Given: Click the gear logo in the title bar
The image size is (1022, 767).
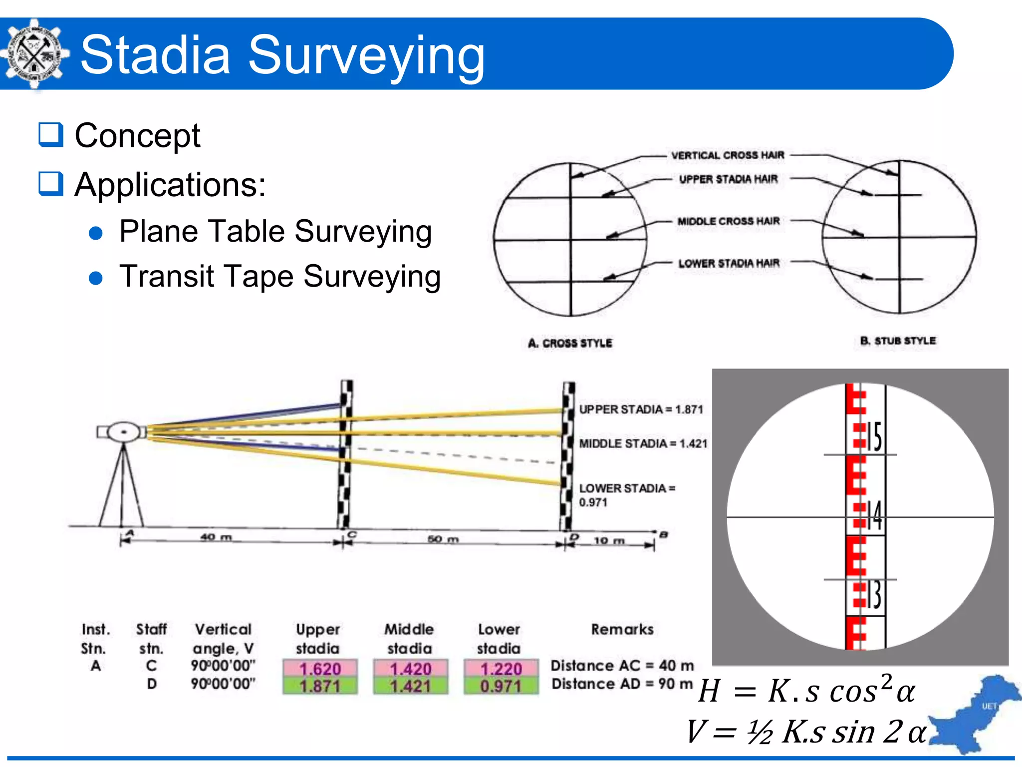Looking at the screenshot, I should [x=34, y=54].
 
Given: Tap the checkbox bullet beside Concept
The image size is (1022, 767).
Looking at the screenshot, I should [x=51, y=135].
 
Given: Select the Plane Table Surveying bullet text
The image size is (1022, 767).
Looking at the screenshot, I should [x=275, y=232].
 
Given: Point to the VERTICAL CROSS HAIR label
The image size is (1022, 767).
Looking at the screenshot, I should [x=728, y=155].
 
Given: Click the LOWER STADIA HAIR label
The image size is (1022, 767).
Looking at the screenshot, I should [x=729, y=263].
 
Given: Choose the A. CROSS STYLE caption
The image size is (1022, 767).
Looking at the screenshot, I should [x=570, y=343].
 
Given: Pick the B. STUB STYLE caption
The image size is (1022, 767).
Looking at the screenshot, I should [x=898, y=341].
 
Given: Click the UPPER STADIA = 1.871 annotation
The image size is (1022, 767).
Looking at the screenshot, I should [x=641, y=409].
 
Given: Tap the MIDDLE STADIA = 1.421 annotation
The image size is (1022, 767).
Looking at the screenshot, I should [x=643, y=443].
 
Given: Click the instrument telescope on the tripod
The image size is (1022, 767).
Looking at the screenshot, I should [x=123, y=432].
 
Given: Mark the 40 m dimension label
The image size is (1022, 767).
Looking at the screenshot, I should [x=216, y=537].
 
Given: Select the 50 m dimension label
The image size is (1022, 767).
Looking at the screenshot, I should [x=443, y=539].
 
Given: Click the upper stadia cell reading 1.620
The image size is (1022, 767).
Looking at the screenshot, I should [x=320, y=668].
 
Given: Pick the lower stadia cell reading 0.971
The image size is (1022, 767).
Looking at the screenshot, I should [x=501, y=686].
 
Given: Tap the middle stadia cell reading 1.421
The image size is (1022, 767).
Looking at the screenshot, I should [x=410, y=686].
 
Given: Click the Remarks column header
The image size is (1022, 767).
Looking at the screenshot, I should [x=622, y=629].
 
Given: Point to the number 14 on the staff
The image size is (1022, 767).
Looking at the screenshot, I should [x=874, y=515].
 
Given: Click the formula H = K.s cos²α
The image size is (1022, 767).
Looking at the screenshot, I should [x=806, y=691].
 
